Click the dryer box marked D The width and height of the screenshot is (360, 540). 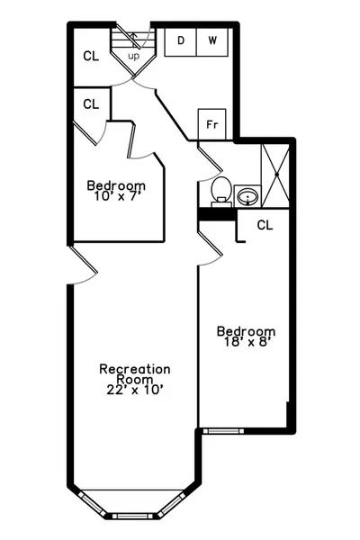(181, 41)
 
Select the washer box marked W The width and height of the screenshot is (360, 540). (212, 41)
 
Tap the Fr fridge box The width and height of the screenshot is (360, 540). (211, 125)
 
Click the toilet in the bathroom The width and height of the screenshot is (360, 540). (220, 192)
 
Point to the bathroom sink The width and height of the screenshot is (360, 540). (247, 196)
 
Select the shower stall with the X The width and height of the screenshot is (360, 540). (275, 175)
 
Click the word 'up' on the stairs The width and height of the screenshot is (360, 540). (134, 56)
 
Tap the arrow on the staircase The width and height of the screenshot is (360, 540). (134, 40)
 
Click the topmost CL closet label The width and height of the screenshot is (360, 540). (91, 56)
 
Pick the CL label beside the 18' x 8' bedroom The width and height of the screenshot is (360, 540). (265, 225)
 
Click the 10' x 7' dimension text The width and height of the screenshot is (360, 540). (118, 196)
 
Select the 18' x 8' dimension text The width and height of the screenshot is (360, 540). (246, 342)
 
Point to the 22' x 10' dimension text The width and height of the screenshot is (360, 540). (135, 390)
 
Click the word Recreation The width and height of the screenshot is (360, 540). (135, 369)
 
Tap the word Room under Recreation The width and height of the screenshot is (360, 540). (135, 380)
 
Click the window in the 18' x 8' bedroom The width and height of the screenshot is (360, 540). (223, 431)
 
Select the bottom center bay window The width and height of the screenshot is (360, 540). (132, 517)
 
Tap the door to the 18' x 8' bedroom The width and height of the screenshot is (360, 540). (210, 248)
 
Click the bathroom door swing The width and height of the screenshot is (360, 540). (210, 164)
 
